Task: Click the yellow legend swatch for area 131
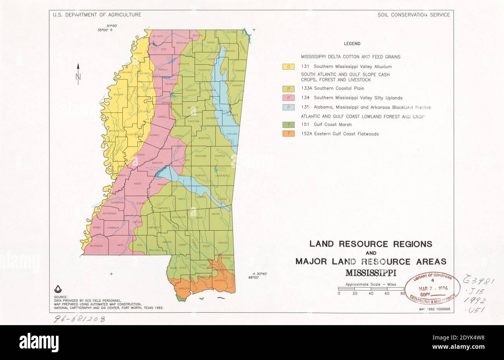click(288, 67)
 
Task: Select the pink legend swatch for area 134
click(288, 98)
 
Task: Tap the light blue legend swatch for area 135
click(288, 107)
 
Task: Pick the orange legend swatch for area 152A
click(288, 134)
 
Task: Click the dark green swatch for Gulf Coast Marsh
click(288, 124)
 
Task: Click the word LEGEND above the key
click(352, 44)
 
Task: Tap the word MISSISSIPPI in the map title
click(371, 272)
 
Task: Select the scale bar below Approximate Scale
click(371, 289)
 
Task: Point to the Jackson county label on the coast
click(219, 280)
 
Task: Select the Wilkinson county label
click(96, 246)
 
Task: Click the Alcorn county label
click(231, 32)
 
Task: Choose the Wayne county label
click(216, 214)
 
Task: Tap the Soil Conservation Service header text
click(414, 15)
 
